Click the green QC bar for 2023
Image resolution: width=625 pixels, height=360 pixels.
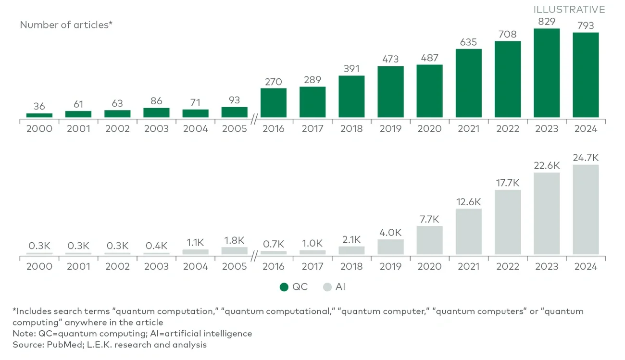tap(547, 73)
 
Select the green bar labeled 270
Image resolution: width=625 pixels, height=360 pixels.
tap(274, 103)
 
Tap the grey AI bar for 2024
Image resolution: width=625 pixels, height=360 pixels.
tap(586, 210)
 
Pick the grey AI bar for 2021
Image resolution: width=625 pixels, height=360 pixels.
tap(469, 231)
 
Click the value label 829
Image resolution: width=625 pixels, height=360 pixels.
tap(547, 22)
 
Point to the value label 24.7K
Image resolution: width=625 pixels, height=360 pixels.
tap(586, 157)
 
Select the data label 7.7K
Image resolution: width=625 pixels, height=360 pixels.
tap(429, 219)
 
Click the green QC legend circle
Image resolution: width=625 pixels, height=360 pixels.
tap(284, 287)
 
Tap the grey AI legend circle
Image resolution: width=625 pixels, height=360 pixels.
tap(327, 287)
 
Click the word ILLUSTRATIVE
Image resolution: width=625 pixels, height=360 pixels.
tap(569, 10)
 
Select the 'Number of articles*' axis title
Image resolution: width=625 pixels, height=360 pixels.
tap(66, 25)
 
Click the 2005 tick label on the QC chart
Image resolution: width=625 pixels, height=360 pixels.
tap(235, 129)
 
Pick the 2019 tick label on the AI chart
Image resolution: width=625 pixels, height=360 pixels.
tap(390, 266)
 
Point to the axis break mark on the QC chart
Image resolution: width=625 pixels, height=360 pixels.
tap(254, 117)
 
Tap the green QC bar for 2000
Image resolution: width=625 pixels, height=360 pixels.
tap(39, 115)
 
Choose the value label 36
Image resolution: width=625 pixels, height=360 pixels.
tap(39, 106)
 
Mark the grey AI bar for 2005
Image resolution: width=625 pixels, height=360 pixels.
tap(235, 251)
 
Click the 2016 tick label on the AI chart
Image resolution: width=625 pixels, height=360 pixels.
tap(274, 266)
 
